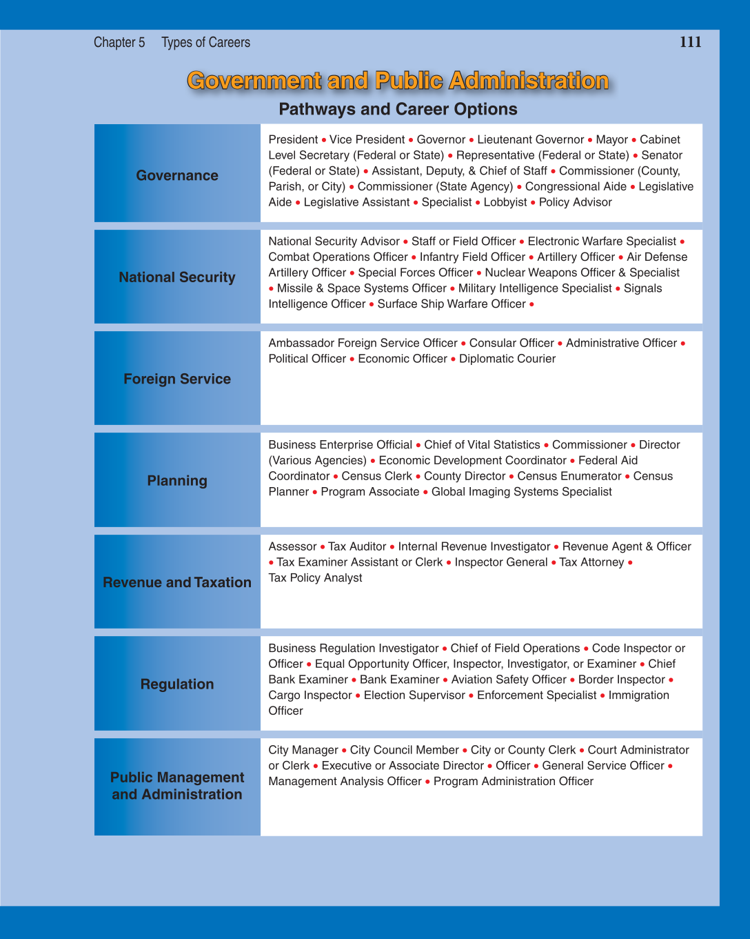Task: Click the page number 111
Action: click(x=690, y=42)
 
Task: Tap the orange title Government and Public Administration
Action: click(x=398, y=81)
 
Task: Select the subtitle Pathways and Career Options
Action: click(x=398, y=109)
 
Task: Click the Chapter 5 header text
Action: click(x=119, y=43)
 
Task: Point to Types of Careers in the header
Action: click(x=205, y=43)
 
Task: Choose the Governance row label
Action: click(x=177, y=175)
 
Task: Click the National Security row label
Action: click(x=177, y=277)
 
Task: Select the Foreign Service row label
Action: click(x=177, y=379)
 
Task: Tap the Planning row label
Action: click(x=177, y=481)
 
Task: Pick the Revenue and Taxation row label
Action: click(x=177, y=582)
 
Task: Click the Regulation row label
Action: click(x=177, y=684)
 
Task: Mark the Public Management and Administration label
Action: click(x=177, y=786)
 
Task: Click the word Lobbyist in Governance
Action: click(x=505, y=202)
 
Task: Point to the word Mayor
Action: click(x=611, y=139)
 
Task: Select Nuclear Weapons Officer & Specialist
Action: click(x=582, y=273)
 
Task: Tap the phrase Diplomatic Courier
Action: click(x=507, y=359)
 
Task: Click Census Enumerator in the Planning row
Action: click(x=569, y=476)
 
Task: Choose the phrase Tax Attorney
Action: click(x=591, y=562)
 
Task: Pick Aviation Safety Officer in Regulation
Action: click(x=508, y=680)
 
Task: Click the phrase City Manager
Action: click(x=303, y=750)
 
